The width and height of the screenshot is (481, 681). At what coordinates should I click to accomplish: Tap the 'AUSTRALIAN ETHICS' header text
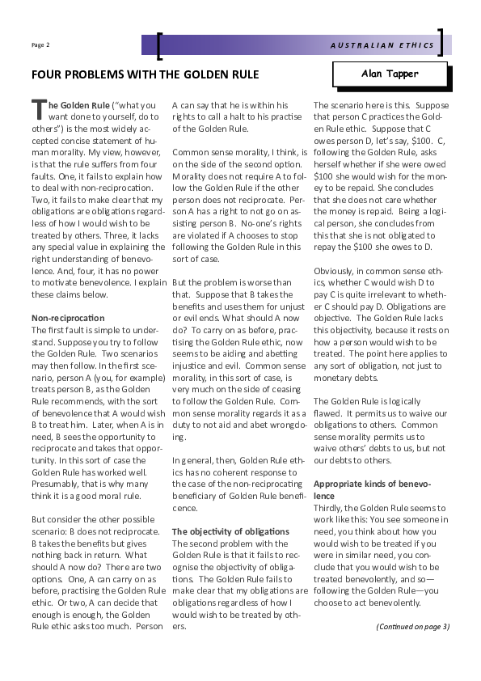click(x=382, y=45)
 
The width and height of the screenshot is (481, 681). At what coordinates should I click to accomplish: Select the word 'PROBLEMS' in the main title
click(x=95, y=75)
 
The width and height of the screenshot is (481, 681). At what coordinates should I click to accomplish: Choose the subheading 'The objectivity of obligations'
click(x=230, y=531)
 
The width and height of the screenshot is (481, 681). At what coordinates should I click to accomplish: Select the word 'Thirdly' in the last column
click(x=328, y=505)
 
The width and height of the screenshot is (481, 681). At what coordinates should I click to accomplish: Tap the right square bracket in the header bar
click(x=441, y=44)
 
